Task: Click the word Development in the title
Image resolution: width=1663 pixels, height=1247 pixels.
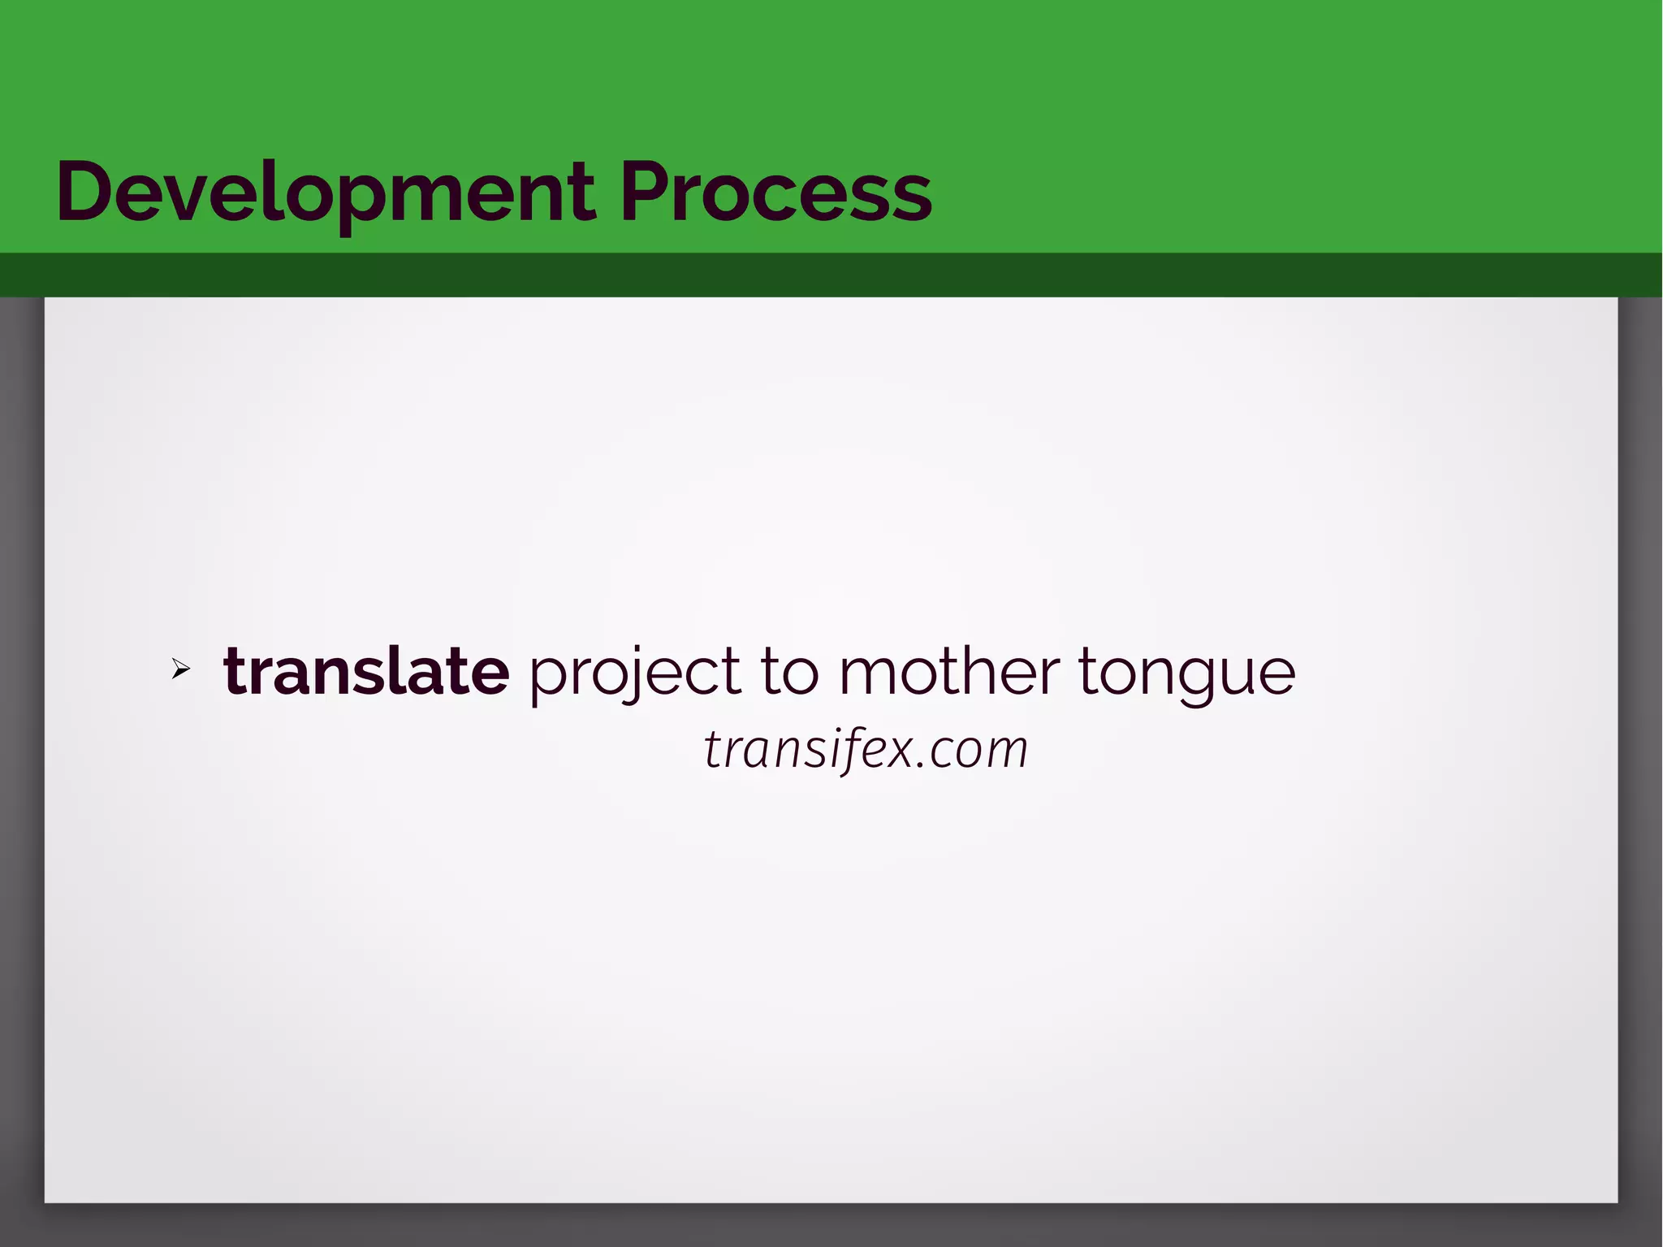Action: pyautogui.click(x=325, y=193)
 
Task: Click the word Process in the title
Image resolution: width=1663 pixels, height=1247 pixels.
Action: pyautogui.click(x=775, y=193)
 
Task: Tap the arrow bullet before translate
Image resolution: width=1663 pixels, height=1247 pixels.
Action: pyautogui.click(x=180, y=669)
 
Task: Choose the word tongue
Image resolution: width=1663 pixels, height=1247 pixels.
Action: pyautogui.click(x=1186, y=674)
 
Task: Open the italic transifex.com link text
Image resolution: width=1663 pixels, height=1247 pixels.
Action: pyautogui.click(x=866, y=748)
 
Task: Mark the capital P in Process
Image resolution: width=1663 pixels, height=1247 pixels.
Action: pyautogui.click(x=647, y=192)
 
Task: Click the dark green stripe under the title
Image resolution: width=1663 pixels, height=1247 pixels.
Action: pyautogui.click(x=831, y=275)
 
